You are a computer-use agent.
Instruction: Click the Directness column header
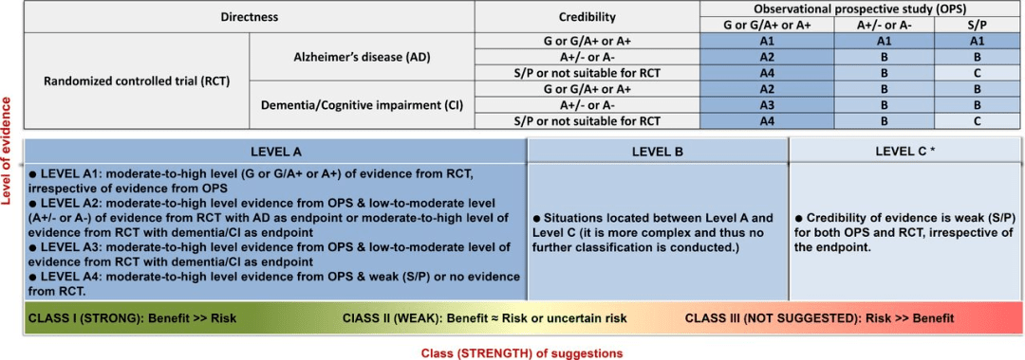coord(249,17)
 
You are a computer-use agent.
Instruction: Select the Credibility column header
coord(587,17)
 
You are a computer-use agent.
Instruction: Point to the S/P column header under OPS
coord(977,26)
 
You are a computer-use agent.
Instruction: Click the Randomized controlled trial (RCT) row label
coord(137,81)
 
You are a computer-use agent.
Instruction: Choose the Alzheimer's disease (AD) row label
coord(363,57)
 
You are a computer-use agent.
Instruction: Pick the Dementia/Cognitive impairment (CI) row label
coord(363,104)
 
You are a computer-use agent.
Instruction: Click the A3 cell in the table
coord(767,104)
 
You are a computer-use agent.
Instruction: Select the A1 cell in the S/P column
coord(977,41)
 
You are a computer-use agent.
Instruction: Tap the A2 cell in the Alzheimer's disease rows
coord(767,57)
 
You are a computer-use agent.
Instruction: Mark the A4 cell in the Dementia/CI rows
coord(767,120)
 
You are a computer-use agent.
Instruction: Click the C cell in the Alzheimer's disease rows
coord(977,72)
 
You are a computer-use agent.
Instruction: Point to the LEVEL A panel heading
coord(275,152)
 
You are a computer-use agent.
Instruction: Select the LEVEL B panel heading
coord(659,152)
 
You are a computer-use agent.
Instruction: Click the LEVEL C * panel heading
coord(906,152)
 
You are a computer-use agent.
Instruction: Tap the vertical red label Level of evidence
coord(9,152)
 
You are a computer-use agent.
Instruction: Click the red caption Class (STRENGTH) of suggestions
coord(512,352)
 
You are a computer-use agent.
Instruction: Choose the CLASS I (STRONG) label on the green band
coord(132,319)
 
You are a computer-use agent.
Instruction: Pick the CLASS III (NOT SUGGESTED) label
coord(819,319)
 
